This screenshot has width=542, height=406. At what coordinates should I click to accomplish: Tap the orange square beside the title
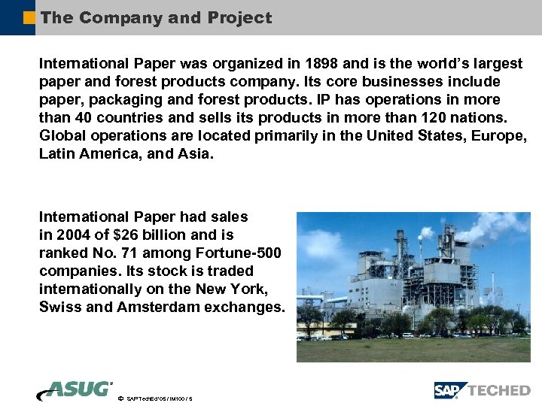coord(29,17)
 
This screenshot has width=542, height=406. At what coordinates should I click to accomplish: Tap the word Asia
coord(196,153)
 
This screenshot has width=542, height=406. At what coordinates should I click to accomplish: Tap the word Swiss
coord(59,307)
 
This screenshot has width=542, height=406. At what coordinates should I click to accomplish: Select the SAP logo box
coord(449,390)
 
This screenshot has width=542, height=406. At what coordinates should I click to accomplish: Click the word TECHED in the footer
coord(498,390)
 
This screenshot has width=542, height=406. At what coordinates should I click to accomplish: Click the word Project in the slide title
coord(239,18)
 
